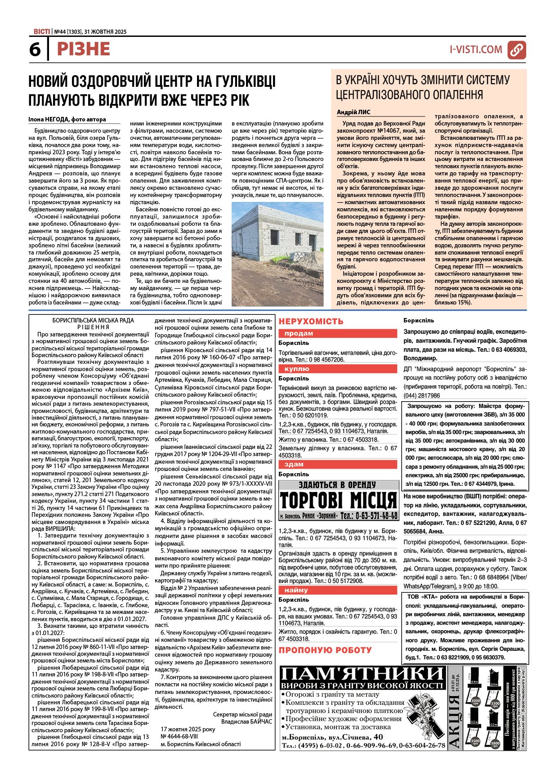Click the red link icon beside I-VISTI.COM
[x=516, y=50]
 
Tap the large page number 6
[x=35, y=50]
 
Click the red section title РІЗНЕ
[x=84, y=49]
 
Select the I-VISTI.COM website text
[x=476, y=49]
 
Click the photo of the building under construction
[x=277, y=254]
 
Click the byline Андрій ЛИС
[x=354, y=112]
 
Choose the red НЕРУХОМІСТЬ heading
[x=311, y=321]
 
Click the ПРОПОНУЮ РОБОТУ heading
[x=325, y=650]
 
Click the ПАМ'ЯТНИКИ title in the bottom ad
[x=363, y=673]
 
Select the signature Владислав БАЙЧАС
[x=246, y=721]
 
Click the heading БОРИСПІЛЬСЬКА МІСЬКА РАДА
[x=93, y=321]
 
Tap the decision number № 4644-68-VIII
[x=179, y=736]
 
